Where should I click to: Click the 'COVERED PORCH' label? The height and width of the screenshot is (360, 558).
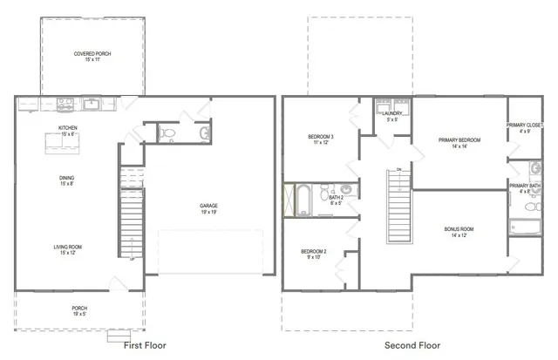[92, 54]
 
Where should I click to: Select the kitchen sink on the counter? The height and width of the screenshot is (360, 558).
[91, 104]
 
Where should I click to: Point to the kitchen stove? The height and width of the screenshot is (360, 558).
[65, 104]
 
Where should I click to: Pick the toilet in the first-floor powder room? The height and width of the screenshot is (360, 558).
[170, 133]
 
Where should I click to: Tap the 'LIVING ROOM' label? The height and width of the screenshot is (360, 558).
[68, 247]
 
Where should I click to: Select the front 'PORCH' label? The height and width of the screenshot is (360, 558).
[79, 308]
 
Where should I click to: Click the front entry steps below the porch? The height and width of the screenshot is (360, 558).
[117, 335]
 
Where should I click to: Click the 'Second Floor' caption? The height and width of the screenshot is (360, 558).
[412, 346]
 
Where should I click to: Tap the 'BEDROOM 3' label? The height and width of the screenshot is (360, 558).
[323, 138]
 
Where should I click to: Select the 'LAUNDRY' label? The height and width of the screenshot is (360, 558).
[392, 113]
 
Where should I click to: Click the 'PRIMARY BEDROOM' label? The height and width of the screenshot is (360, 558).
[459, 140]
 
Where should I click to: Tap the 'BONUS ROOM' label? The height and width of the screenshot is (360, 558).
[461, 230]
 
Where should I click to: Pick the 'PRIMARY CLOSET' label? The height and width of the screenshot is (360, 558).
[525, 126]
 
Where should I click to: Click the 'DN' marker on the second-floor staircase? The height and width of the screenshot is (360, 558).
[398, 168]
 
